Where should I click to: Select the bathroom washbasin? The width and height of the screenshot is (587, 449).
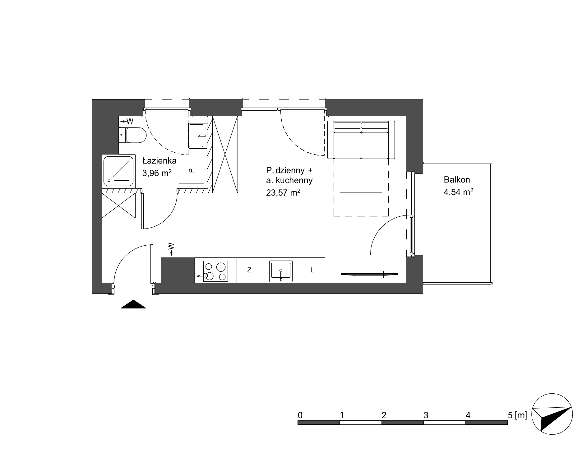pos(197,136)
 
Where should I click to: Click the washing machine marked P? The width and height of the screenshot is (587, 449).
pos(192,171)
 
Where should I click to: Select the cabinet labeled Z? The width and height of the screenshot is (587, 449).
pos(249,270)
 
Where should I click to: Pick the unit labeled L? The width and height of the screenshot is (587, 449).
pos(312,270)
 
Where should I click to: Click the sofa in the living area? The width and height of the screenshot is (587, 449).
pos(361,140)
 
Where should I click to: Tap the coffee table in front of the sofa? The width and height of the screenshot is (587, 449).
pos(361,180)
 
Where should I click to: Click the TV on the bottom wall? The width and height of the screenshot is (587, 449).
pos(369,274)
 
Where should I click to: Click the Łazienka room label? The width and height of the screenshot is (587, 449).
pos(159,161)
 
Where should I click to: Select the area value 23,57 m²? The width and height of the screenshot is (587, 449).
pos(283,193)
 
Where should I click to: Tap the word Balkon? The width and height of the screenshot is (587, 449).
pos(457,179)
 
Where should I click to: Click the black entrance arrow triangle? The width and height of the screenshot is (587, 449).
pos(133,304)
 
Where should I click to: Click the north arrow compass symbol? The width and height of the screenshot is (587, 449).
pos(552,414)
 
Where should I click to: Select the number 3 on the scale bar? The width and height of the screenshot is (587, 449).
pos(426,415)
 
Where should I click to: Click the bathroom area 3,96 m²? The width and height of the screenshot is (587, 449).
pos(157,173)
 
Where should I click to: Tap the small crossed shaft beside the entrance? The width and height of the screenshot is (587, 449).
pos(119,205)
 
